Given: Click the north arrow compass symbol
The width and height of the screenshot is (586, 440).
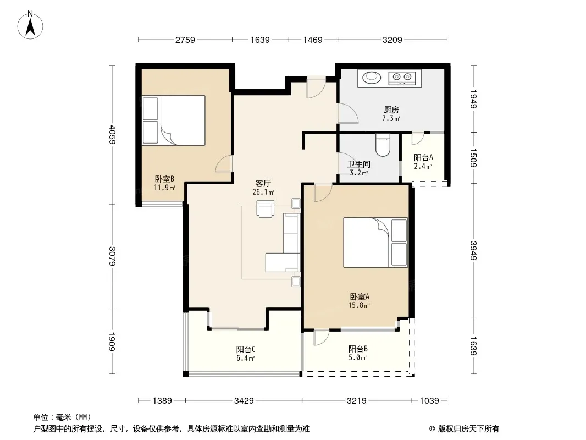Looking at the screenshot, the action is pos(30,25).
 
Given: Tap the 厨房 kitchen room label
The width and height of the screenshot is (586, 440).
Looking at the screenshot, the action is pos(391,110).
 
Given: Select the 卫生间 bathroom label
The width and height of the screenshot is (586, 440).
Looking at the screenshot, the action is pos(359,164).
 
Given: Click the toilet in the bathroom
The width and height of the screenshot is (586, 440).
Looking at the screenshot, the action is pos(383,145).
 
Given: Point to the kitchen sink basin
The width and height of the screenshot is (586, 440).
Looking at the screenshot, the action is pos(372,77).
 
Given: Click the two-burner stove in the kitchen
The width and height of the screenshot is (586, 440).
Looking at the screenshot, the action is pos(402,78).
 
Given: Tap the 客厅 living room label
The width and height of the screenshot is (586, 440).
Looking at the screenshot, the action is pos(263,184).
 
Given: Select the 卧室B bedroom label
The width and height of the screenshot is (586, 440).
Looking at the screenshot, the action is pos(164,179).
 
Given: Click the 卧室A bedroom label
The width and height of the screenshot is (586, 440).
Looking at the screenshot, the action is pos(360,297).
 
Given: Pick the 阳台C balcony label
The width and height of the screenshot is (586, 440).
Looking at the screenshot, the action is pos(246,350).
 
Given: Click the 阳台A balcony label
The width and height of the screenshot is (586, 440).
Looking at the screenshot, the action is pos(423,158).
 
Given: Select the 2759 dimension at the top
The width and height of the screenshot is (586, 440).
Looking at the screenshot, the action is pos(185,40).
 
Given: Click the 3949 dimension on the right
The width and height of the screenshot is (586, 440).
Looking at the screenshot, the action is pos(473,250).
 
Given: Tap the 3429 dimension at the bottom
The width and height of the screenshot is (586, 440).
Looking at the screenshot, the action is pos(244,401).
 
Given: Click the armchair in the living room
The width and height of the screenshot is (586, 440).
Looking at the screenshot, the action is pos(265,208).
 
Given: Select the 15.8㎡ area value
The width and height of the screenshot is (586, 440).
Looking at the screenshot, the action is pos(359,305).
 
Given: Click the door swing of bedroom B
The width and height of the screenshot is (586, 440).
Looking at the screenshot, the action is pos(224,164).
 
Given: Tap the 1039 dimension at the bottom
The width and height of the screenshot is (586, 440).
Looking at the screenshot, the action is pos(429,401).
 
